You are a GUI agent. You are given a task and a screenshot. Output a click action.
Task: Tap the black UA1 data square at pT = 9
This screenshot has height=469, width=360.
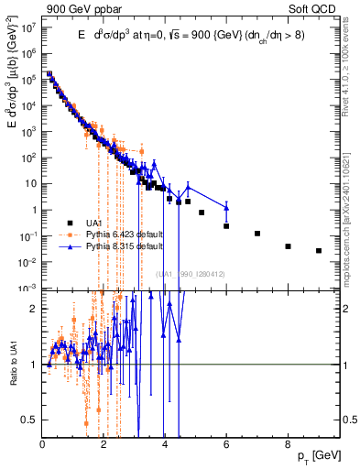pos(319,250)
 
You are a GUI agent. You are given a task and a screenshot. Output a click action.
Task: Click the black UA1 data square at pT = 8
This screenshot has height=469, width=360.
pos(288,246)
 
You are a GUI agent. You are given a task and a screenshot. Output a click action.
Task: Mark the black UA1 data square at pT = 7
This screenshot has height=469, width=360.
pos(257,234)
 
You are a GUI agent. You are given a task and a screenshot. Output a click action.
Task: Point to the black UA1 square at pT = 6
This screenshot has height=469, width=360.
pos(226,225)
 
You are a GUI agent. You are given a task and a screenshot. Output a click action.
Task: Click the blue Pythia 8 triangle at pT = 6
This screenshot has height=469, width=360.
pos(226,206)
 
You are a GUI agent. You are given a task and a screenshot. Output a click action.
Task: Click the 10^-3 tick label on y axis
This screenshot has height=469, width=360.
pos(28,288)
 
